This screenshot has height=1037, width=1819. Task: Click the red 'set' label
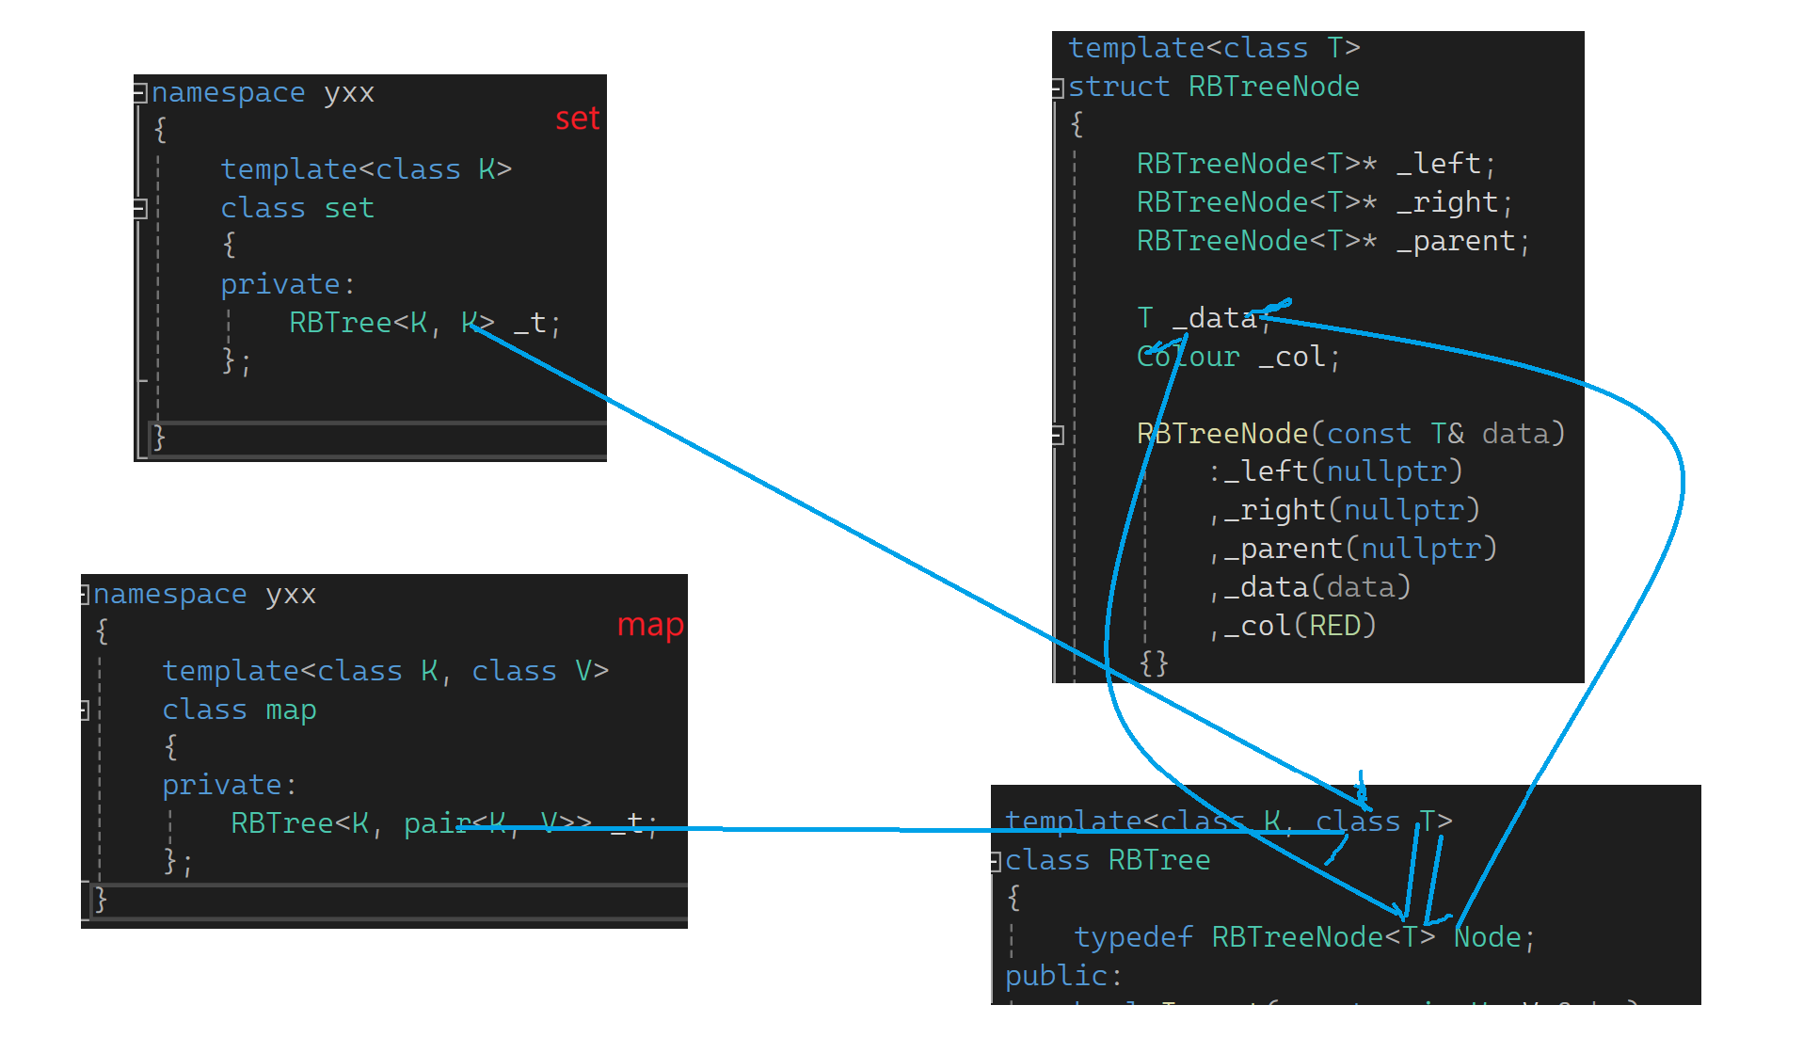click(577, 120)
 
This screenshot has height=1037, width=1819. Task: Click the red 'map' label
click(649, 626)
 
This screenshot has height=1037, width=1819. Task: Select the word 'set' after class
click(349, 208)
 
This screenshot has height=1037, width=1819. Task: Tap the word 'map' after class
click(291, 710)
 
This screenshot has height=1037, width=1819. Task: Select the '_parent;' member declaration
click(1462, 241)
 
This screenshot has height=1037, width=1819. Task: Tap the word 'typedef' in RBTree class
click(1134, 937)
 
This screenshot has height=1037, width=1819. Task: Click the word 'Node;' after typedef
click(1493, 937)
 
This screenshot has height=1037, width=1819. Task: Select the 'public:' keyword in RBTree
click(1063, 976)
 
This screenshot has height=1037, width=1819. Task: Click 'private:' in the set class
click(287, 284)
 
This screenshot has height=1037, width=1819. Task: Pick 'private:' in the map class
click(229, 785)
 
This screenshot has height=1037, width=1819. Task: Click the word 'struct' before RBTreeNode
click(1119, 87)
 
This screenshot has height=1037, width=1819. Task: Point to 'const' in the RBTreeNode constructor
click(1368, 434)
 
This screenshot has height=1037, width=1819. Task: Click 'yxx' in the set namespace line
click(349, 92)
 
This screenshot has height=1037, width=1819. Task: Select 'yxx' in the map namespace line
click(291, 594)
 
